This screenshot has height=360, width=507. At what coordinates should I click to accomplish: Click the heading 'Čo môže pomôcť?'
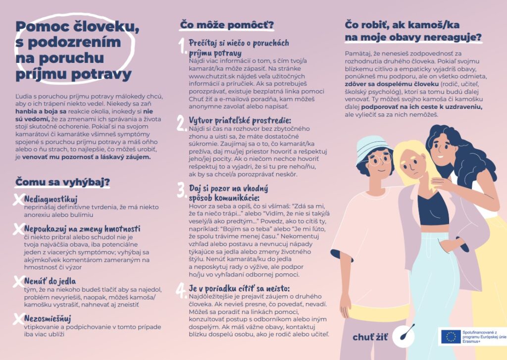[227, 25]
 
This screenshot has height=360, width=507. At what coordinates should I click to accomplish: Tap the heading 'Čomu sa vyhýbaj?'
[62, 182]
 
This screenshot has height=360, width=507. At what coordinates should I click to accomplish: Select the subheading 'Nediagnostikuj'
[51, 199]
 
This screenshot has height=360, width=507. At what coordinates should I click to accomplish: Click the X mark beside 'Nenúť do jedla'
[18, 281]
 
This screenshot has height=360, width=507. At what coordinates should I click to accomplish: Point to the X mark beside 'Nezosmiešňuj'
[18, 319]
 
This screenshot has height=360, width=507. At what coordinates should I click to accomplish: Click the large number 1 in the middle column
[183, 46]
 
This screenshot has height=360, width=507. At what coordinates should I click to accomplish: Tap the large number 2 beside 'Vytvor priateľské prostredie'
[181, 123]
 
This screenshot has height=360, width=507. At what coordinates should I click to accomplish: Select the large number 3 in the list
[181, 190]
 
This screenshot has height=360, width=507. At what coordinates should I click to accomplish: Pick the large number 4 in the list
[181, 291]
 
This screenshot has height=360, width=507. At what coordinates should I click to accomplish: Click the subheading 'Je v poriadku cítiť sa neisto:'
[239, 288]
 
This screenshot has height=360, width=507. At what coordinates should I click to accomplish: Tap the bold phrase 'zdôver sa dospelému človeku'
[391, 84]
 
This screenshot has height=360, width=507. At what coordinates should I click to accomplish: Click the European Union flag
[451, 337]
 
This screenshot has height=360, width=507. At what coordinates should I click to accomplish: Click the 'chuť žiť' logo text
[370, 337]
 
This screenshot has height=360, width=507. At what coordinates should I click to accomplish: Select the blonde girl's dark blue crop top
[433, 208]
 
